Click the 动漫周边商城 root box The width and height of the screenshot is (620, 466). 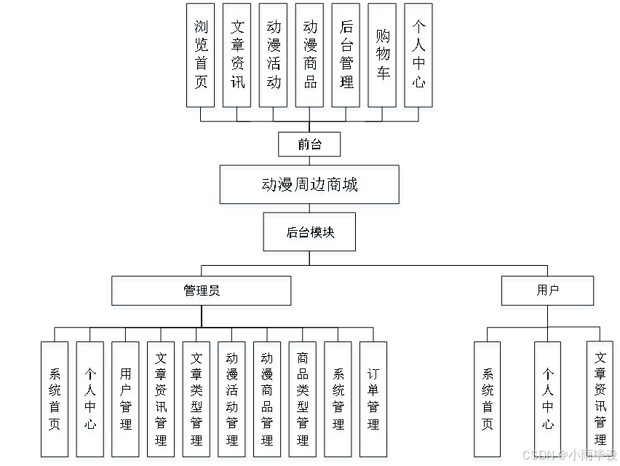[311, 187]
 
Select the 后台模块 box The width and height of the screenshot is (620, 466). [310, 234]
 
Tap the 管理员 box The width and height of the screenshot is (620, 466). [202, 293]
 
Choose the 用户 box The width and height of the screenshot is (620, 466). [548, 293]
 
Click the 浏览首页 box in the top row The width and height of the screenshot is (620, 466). [202, 58]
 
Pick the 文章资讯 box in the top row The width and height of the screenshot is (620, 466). [238, 58]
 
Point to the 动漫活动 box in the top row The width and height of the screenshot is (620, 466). [274, 58]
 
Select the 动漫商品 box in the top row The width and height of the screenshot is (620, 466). [311, 58]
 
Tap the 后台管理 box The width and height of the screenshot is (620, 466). [347, 58]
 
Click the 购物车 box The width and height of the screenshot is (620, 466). [383, 58]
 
